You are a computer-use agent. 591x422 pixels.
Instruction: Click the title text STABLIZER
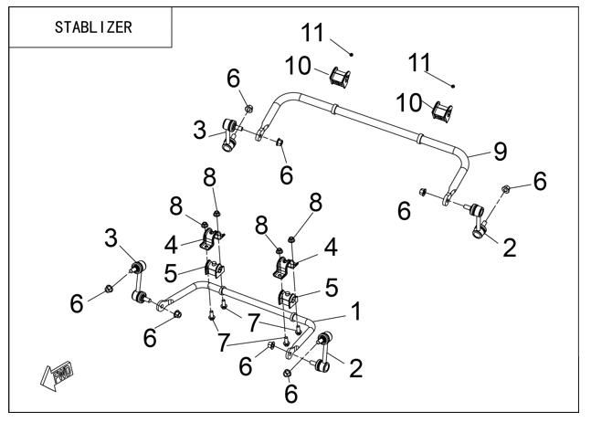(x=93, y=27)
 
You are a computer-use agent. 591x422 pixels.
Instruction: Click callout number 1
(x=356, y=311)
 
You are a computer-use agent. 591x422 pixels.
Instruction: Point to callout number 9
(x=501, y=152)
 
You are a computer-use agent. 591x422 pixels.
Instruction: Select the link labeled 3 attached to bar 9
(x=230, y=134)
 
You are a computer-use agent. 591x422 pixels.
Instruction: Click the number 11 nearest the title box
(x=312, y=32)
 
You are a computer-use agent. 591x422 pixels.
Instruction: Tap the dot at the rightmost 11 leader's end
(x=453, y=86)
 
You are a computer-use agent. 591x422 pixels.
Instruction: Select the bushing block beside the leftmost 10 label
(x=340, y=77)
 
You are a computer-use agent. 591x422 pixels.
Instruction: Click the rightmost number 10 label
(x=409, y=102)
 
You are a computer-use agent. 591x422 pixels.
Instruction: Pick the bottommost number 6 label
(x=290, y=394)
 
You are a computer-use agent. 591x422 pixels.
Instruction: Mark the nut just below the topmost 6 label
(x=248, y=109)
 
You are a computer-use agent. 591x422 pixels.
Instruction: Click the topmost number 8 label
(x=209, y=177)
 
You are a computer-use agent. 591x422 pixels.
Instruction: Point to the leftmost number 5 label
(x=171, y=273)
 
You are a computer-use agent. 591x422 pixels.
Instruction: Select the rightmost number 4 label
(x=331, y=248)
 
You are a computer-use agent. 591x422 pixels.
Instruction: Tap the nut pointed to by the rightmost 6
(x=506, y=187)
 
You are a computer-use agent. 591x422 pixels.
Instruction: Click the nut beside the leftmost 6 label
(x=108, y=289)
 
